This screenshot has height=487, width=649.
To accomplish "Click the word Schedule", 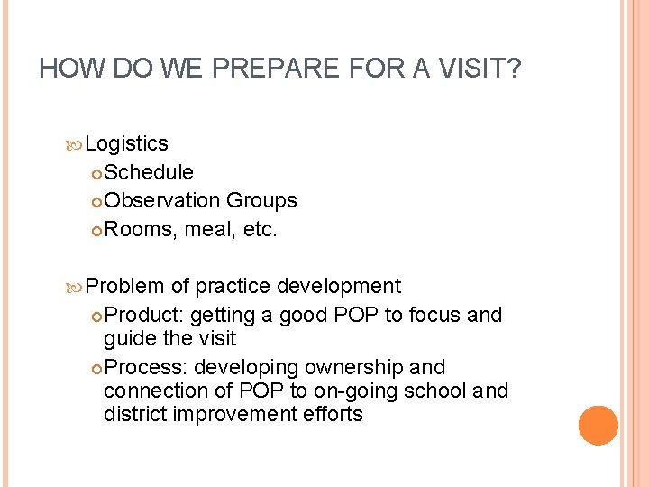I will click(x=149, y=172).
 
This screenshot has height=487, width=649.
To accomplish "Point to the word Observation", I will click(x=162, y=201).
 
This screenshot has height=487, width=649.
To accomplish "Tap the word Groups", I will click(x=261, y=201).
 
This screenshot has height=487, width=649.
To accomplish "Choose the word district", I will click(x=132, y=415).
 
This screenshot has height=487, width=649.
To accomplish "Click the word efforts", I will click(x=333, y=415).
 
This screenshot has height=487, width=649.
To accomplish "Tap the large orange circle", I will click(x=598, y=426).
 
